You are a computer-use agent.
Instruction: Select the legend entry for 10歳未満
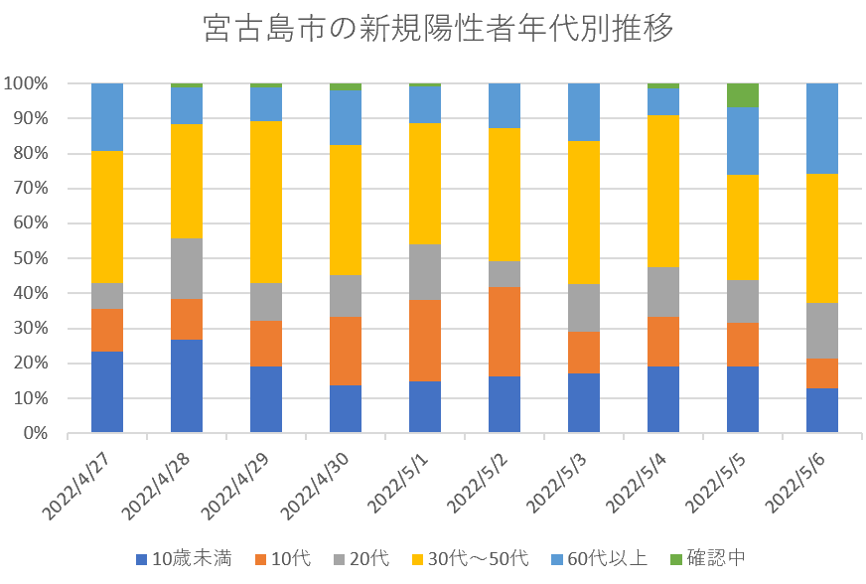[183, 558]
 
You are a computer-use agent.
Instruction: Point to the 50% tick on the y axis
[29, 258]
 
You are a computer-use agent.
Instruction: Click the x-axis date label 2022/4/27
[80, 483]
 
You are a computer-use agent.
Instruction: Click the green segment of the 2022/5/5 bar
[743, 94]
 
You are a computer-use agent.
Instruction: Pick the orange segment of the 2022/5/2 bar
[505, 332]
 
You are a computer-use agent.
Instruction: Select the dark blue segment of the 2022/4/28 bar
[187, 386]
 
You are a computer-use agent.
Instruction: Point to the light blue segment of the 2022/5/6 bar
[822, 128]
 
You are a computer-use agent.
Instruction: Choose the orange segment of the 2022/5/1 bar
[425, 341]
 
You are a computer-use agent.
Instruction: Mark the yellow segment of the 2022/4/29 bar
[266, 202]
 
